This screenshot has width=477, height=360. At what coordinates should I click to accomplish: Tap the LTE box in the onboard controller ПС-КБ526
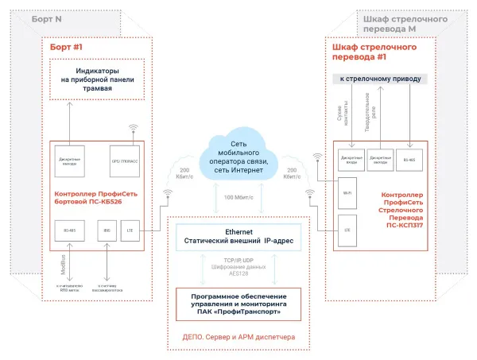pos(130,231)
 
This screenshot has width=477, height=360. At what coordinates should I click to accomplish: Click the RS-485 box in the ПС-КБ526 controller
pos(71,231)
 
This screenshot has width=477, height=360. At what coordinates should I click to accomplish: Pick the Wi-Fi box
pos(347,192)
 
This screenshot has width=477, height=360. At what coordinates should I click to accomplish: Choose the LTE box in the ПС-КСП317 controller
pos(347,229)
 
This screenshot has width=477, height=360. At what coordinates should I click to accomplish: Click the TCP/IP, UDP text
pos(239,259)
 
